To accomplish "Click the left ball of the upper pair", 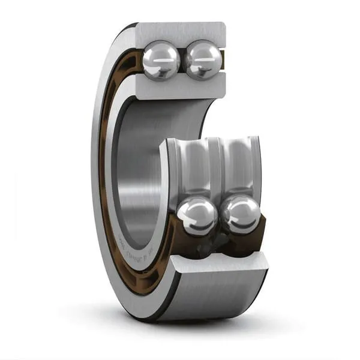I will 161,59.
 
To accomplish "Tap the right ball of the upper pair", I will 203,61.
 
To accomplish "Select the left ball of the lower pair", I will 196,216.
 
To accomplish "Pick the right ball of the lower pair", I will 240,215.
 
